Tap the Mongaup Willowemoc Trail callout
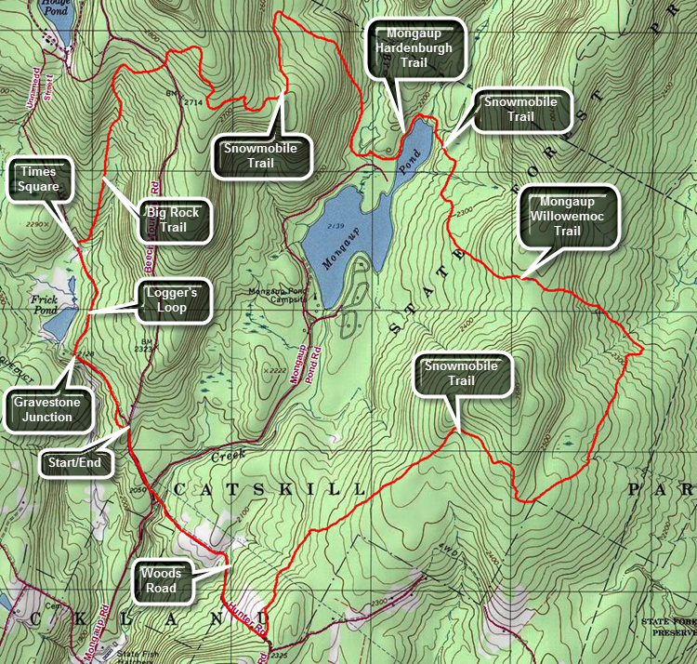pos(569,218)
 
